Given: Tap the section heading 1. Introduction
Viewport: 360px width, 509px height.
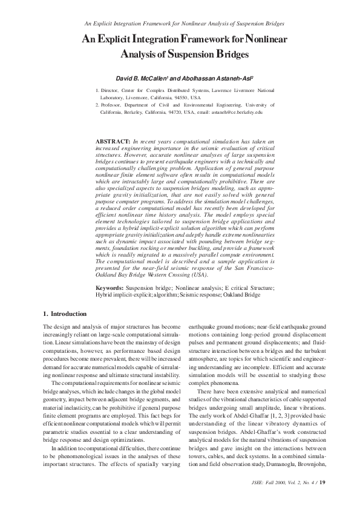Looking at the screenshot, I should click(x=65, y=314).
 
